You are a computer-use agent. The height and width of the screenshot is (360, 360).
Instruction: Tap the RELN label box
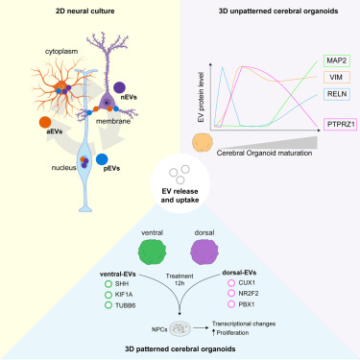(335, 93)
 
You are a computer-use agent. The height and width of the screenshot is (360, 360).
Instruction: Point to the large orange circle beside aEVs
(46, 123)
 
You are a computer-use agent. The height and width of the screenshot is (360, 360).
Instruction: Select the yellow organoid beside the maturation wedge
(204, 142)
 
